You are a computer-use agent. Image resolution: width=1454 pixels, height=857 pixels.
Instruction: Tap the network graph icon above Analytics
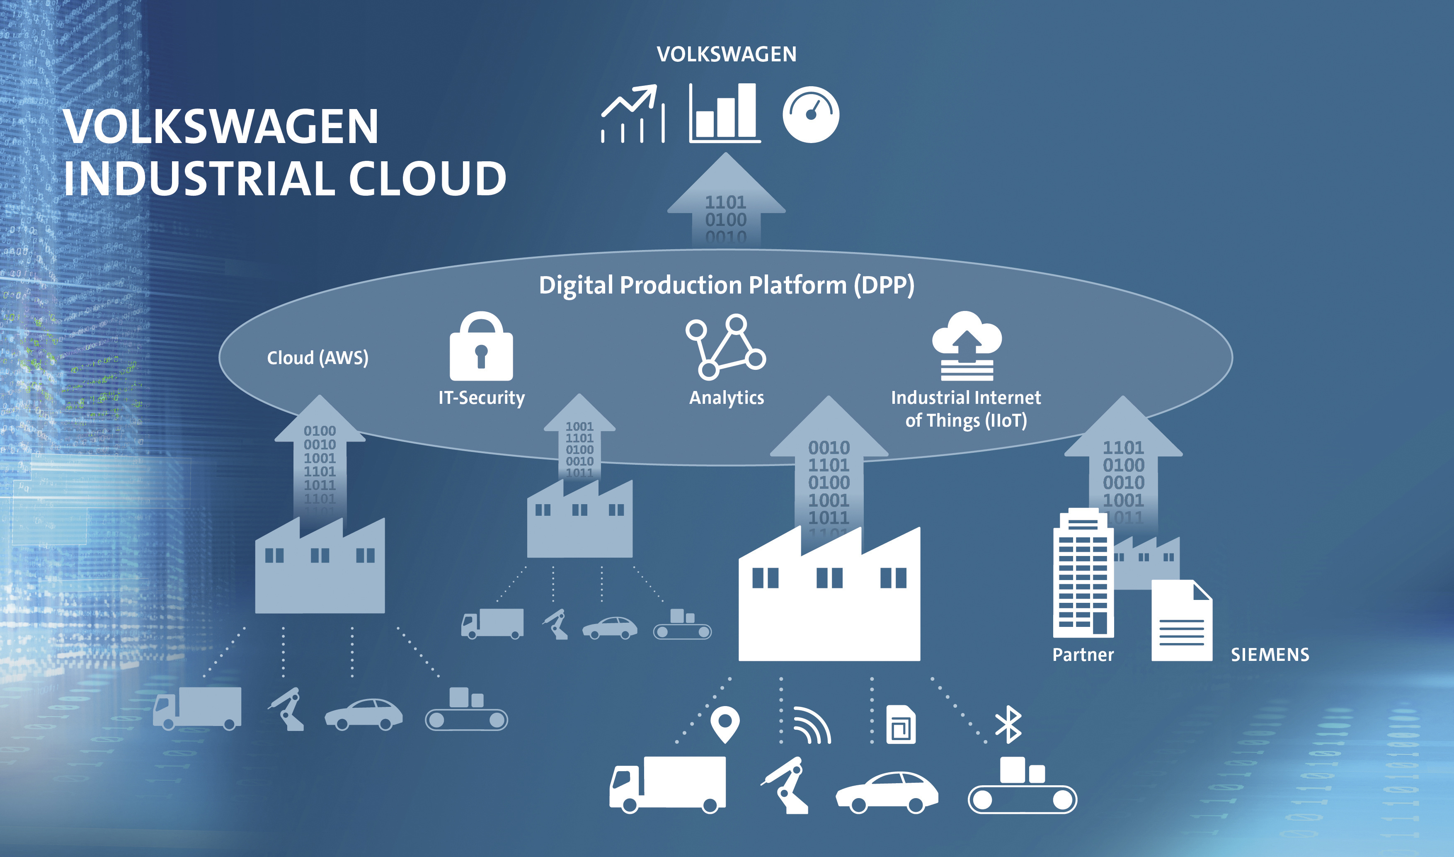pyautogui.click(x=726, y=347)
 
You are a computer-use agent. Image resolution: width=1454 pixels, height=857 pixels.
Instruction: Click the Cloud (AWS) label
pyautogui.click(x=317, y=358)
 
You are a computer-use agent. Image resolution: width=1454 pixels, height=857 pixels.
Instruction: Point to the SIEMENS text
pyautogui.click(x=1270, y=655)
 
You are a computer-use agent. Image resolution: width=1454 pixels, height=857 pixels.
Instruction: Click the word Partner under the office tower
pyautogui.click(x=1083, y=655)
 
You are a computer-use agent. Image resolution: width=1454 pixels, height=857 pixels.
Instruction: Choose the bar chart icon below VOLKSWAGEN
pyautogui.click(x=725, y=113)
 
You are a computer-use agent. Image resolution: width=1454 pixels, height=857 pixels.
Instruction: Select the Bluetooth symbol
pyautogui.click(x=1008, y=724)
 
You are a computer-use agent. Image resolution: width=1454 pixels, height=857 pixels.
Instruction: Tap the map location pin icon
pyautogui.click(x=725, y=724)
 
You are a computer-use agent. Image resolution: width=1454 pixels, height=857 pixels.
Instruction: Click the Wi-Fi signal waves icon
pyautogui.click(x=812, y=726)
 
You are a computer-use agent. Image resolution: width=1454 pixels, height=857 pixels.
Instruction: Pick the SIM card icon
pyautogui.click(x=900, y=725)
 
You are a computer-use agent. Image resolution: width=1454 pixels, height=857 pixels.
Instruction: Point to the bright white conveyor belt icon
pyautogui.click(x=1022, y=788)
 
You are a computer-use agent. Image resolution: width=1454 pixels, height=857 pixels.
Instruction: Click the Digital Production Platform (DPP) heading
pyautogui.click(x=726, y=285)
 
